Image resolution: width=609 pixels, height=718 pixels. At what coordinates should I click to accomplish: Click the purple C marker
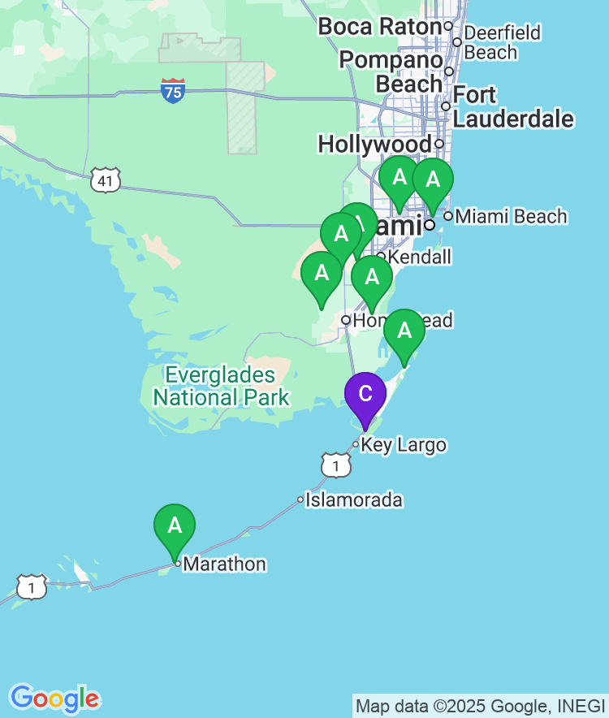coord(365,395)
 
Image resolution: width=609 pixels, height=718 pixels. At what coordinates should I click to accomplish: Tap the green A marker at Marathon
coord(175,526)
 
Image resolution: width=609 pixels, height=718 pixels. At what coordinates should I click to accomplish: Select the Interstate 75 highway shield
coord(172,90)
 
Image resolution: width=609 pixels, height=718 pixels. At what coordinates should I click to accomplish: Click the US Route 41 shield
coord(106,180)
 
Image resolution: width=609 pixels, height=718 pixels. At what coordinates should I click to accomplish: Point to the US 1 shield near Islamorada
coord(335,465)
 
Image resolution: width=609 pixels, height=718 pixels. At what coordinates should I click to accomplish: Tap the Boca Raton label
coord(379,27)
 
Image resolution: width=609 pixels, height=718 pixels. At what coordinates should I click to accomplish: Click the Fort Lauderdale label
coord(512,107)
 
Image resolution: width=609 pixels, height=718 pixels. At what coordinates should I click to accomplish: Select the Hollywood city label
coord(374,145)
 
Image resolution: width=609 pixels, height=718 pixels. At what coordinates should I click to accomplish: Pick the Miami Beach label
coord(511,216)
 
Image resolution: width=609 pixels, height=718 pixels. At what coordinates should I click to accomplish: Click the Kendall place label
coord(419,257)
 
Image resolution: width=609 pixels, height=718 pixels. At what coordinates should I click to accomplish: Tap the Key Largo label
coord(403,445)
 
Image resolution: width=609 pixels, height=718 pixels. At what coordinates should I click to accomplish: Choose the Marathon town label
coord(225,564)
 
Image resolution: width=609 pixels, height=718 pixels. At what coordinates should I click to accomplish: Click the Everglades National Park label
coord(221,387)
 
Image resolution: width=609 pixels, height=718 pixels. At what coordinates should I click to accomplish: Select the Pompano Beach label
coord(391,71)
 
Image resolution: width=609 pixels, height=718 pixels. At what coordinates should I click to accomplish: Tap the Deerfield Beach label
coord(502,43)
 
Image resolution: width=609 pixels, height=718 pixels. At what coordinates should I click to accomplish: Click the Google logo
coord(54,698)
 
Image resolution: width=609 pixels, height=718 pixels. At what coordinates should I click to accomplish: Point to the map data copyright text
coord(480,706)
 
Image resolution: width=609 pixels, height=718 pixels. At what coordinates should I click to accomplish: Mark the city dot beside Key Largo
coord(356,444)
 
